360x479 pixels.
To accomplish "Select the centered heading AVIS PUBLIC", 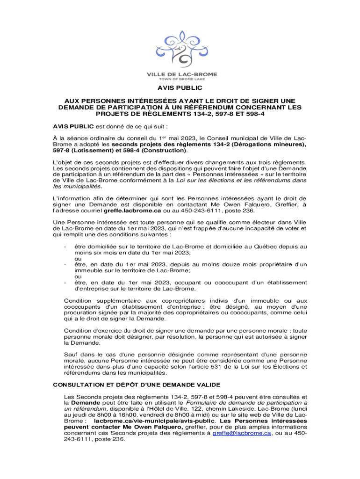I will click(x=180, y=87).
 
